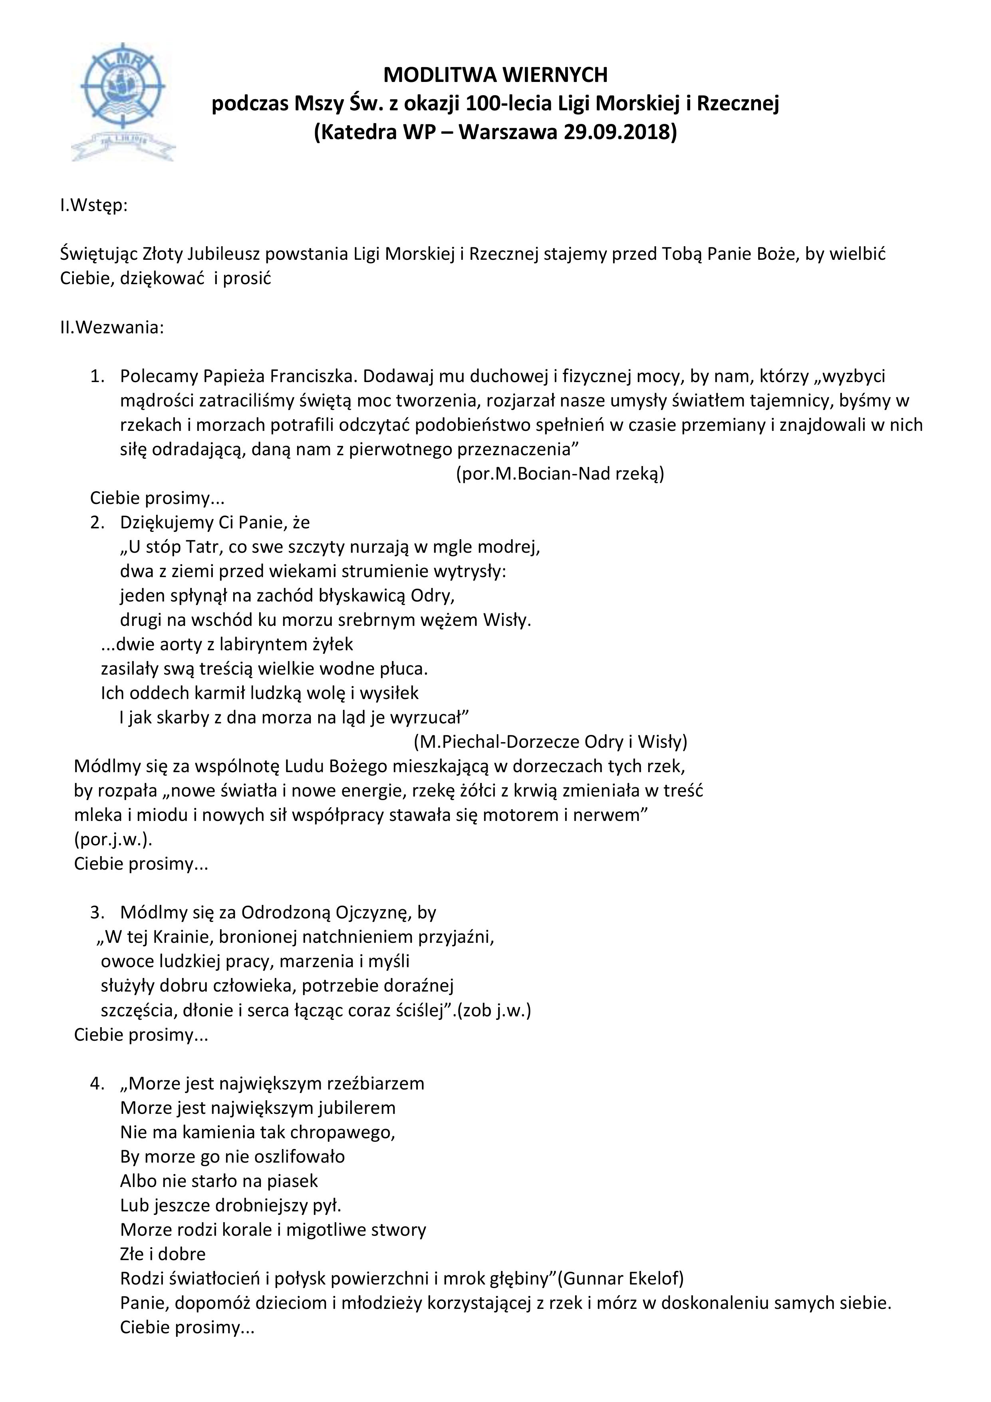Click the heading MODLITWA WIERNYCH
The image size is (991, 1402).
point(495,75)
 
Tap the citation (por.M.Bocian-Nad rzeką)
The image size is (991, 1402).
point(560,474)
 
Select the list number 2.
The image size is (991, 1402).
point(97,523)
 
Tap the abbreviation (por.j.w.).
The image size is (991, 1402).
point(113,840)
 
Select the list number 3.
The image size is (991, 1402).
point(97,913)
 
